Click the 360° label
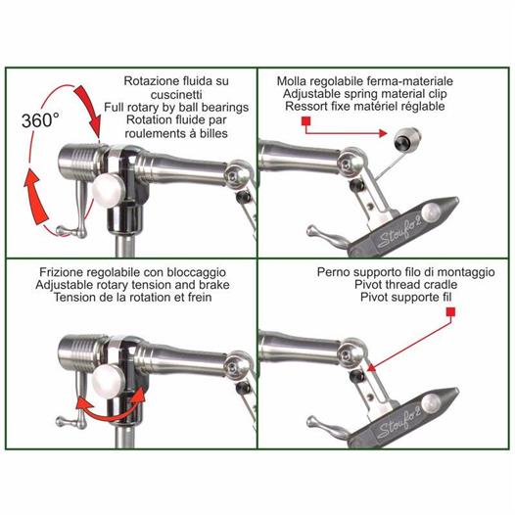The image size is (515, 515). [40, 120]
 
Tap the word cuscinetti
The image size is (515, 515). [176, 95]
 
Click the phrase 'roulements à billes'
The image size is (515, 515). [176, 133]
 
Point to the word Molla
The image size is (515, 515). [292, 81]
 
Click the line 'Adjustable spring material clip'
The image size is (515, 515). [364, 94]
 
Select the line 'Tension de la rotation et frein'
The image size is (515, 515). [133, 298]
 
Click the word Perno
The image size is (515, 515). [332, 272]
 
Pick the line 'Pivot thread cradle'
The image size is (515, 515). [406, 285]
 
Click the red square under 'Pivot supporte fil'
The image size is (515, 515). [450, 311]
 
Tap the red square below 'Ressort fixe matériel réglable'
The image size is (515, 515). [306, 121]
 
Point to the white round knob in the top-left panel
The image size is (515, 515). [108, 191]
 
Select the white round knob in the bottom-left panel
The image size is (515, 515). [108, 382]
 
